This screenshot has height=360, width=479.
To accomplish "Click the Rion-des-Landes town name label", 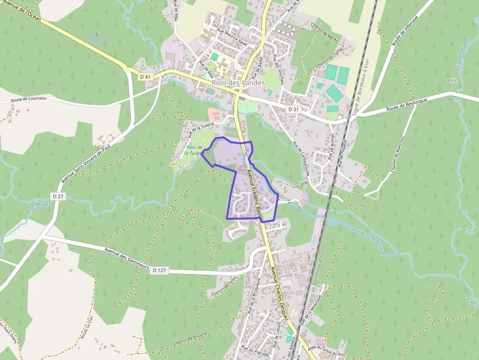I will pyautogui.click(x=238, y=83).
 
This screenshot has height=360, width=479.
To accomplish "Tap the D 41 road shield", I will pyautogui.click(x=145, y=77).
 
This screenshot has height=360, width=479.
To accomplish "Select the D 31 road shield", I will pyautogui.click(x=293, y=109).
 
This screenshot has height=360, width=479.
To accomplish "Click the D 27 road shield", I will pyautogui.click(x=59, y=196).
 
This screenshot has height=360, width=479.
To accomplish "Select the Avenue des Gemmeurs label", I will pyautogui.click(x=126, y=258).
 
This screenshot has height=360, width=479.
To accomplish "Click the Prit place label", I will pyautogui.click(x=452, y=81).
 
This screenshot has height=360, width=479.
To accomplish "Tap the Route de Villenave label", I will pyautogui.click(x=407, y=30).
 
